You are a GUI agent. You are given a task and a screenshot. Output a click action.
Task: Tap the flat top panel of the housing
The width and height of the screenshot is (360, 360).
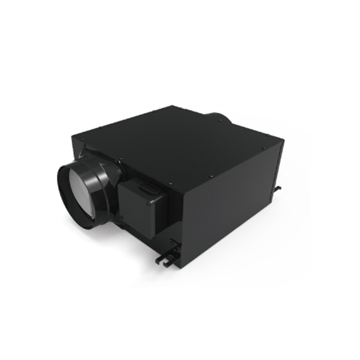tap(180, 144)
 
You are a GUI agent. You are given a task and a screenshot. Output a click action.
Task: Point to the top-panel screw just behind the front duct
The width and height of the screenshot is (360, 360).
tap(120, 158)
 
